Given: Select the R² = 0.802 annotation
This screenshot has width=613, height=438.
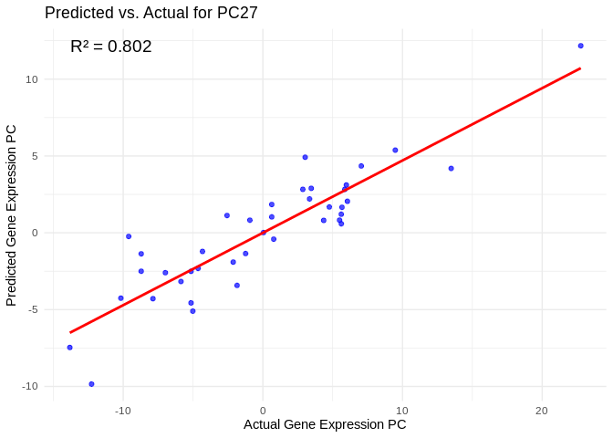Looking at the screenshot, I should tap(110, 47).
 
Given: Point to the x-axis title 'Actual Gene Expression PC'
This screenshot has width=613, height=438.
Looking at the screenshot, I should tap(325, 424).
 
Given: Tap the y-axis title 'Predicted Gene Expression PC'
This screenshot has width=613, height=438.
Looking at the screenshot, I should tap(11, 214).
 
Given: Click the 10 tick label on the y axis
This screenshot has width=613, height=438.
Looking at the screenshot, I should tap(32, 79).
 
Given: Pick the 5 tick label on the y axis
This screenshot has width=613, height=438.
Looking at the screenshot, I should tap(35, 156).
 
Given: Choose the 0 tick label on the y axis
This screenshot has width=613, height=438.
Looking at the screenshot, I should tap(35, 233).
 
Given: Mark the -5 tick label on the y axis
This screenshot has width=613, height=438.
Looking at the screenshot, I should tap(33, 309).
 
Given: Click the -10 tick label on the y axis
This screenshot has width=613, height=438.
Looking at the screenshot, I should tap(30, 386).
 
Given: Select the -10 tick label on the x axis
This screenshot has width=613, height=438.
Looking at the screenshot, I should tap(123, 411).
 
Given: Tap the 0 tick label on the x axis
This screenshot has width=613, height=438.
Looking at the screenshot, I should tap(263, 411).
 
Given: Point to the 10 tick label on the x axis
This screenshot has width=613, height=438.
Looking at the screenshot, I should tap(402, 411).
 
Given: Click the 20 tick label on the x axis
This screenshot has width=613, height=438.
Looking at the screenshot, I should tap(542, 411).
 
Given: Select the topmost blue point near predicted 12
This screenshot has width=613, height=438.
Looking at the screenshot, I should tap(580, 46).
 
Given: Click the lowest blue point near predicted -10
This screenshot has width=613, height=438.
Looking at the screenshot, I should tap(91, 384).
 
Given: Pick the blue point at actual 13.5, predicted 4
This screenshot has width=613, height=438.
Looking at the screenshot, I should tap(451, 169).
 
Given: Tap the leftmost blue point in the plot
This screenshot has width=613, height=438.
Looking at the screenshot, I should tap(69, 348).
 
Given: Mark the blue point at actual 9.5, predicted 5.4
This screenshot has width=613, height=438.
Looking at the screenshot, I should tap(395, 151).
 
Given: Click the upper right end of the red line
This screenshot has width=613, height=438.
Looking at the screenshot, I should tap(580, 68).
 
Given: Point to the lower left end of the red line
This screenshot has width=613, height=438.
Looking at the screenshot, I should tap(70, 332).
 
